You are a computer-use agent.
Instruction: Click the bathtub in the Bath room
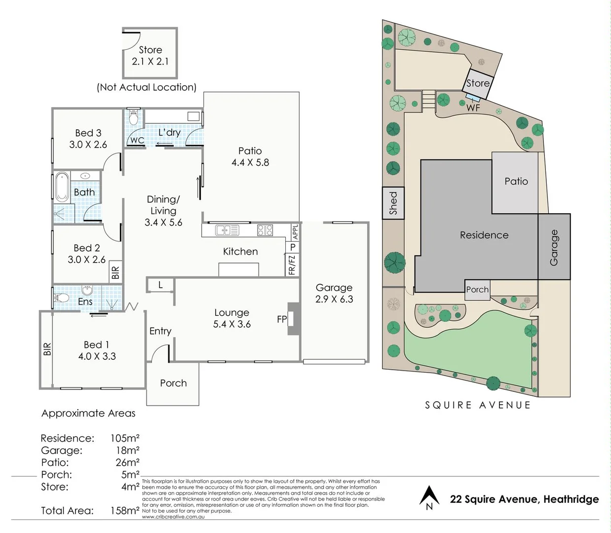62,187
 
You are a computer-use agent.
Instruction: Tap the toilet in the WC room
133,117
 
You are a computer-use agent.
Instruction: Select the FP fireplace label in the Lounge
282,319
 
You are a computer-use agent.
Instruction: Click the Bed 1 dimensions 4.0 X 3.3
97,356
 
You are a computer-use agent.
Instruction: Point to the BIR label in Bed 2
115,272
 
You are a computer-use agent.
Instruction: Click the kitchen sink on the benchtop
227,230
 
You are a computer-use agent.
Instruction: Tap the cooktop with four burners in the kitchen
265,230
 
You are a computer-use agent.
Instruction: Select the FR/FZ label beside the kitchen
292,265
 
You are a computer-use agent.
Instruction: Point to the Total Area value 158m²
125,511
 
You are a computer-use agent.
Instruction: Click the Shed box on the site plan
393,203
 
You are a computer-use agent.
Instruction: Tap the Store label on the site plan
478,83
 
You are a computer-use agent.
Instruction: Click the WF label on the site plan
473,108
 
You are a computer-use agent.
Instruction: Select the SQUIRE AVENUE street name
478,405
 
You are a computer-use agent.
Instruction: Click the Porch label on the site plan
477,290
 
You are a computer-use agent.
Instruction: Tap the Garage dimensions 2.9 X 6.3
334,299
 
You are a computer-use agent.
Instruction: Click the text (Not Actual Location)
147,87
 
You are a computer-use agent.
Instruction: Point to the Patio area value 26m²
127,462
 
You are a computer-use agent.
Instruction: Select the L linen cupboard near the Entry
160,285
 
